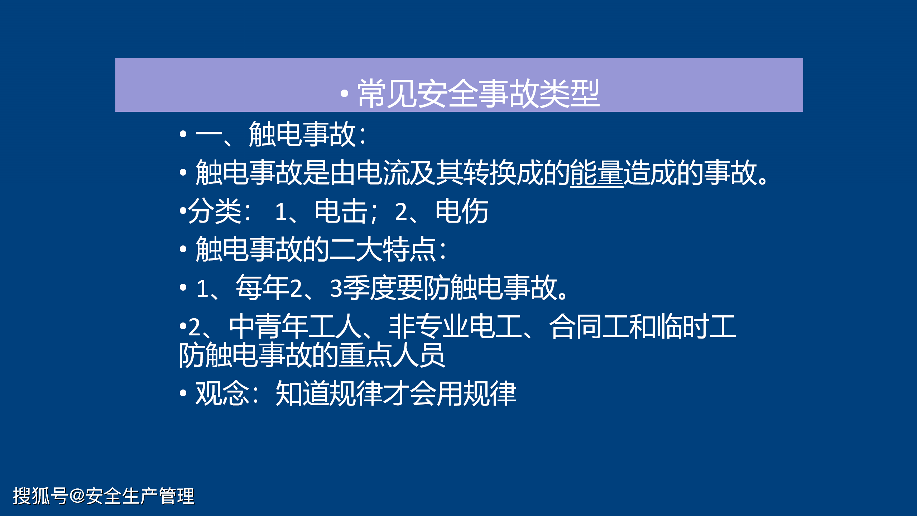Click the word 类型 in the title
pyautogui.click(x=569, y=94)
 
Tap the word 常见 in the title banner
pyautogui.click(x=387, y=94)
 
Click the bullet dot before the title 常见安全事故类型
pyautogui.click(x=344, y=94)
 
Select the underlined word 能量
pyautogui.click(x=597, y=173)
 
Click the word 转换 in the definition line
pyautogui.click(x=490, y=173)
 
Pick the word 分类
pyautogui.click(x=215, y=211)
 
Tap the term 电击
pyautogui.click(x=341, y=211)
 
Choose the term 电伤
pyautogui.click(x=462, y=211)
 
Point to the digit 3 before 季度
pyautogui.click(x=336, y=288)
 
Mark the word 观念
pyautogui.click(x=222, y=393)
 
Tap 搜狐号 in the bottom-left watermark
pyautogui.click(x=40, y=496)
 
